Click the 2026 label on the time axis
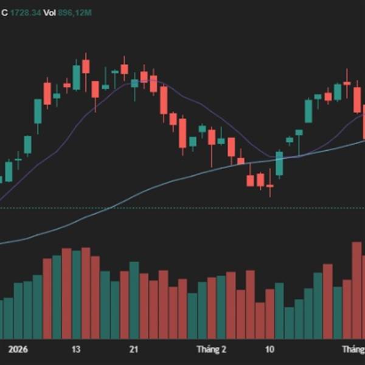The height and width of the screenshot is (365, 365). tap(18, 350)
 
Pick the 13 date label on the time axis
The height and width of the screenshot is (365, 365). tap(76, 350)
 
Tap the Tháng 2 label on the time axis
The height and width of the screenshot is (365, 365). tap(211, 350)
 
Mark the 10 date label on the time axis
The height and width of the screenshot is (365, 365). tap(269, 350)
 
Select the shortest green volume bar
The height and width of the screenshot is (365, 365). tap(289, 323)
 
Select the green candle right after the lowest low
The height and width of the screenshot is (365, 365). tap(279, 164)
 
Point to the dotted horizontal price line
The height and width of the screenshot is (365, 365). tap(182, 208)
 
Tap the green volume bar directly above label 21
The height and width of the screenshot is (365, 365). tap(134, 301)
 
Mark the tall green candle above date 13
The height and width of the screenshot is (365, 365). tap(76, 77)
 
